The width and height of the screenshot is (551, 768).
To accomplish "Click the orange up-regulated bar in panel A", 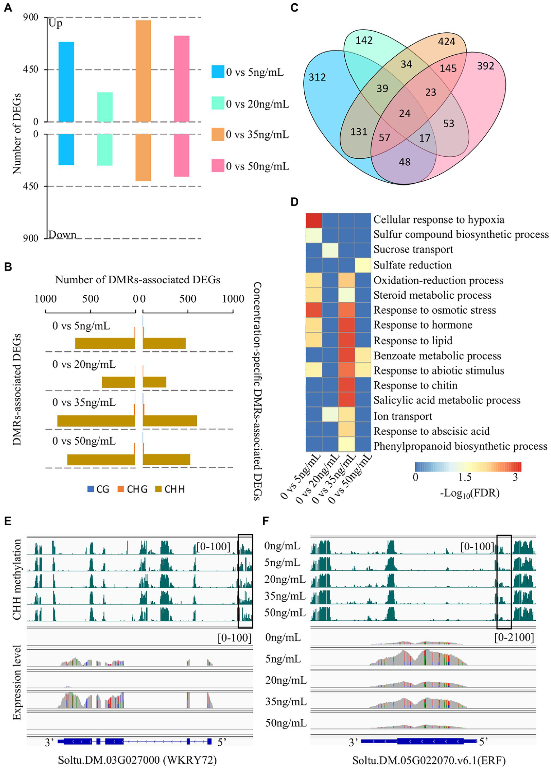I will (143, 71).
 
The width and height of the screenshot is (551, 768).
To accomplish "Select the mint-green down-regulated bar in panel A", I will (104, 150).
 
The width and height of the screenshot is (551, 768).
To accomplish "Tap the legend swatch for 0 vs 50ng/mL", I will (218, 166).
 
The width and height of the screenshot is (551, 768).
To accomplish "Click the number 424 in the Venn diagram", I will (446, 42).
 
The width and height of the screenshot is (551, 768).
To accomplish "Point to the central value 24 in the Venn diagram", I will (405, 114).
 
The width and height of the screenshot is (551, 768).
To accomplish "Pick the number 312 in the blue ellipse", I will (317, 77).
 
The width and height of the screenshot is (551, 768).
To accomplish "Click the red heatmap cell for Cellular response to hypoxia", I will (313, 220).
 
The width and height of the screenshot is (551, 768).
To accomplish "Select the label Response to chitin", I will (415, 386).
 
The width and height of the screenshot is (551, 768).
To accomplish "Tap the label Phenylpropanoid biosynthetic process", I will (460, 446).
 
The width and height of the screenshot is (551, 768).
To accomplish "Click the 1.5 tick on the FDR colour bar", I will (464, 477).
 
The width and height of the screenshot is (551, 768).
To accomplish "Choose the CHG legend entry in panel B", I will (132, 489).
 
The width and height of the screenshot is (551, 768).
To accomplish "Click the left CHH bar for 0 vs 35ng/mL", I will (96, 421).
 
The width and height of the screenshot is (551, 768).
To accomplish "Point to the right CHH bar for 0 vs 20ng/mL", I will (154, 382).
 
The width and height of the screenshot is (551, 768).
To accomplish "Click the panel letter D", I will (294, 202).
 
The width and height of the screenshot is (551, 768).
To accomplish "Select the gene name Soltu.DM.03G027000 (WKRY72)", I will (137, 760).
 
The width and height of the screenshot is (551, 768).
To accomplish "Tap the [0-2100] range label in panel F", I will (514, 638).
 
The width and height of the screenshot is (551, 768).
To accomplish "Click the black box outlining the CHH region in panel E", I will (245, 581).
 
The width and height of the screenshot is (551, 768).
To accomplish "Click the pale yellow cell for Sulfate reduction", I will (363, 265).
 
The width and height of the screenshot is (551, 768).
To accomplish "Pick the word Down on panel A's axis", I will (62, 235).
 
